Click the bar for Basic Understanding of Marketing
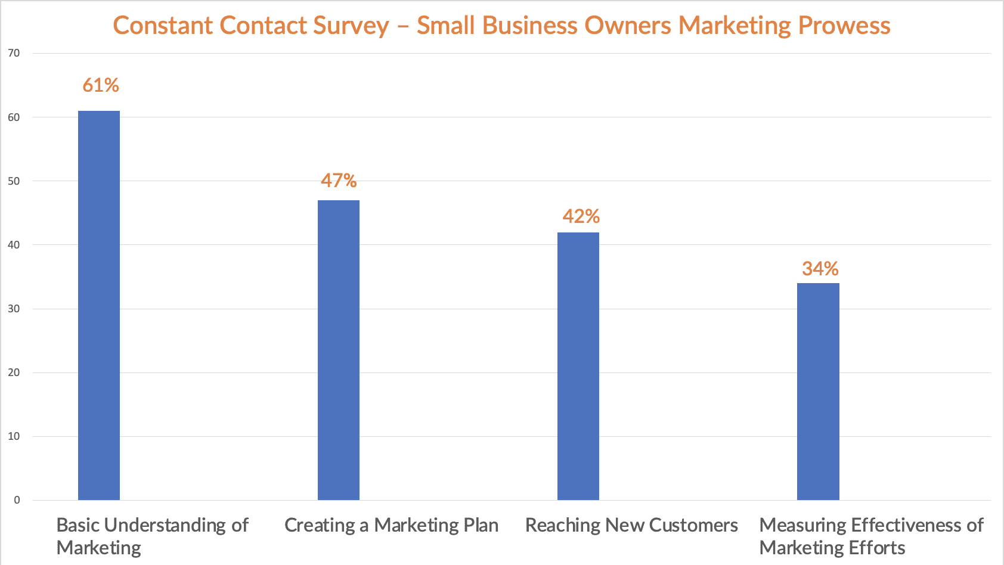click(99, 305)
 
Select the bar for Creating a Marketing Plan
click(339, 350)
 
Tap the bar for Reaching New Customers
click(578, 366)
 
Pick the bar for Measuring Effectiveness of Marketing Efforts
click(818, 392)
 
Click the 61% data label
click(101, 85)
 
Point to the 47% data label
click(339, 180)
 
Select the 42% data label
click(581, 216)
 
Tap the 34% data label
click(820, 269)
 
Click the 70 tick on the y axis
click(14, 53)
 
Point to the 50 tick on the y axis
click(14, 181)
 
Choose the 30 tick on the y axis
click(14, 309)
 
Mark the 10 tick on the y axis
click(14, 436)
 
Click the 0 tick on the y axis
click(17, 500)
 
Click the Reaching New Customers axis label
click(631, 525)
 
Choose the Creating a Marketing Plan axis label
click(391, 525)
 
